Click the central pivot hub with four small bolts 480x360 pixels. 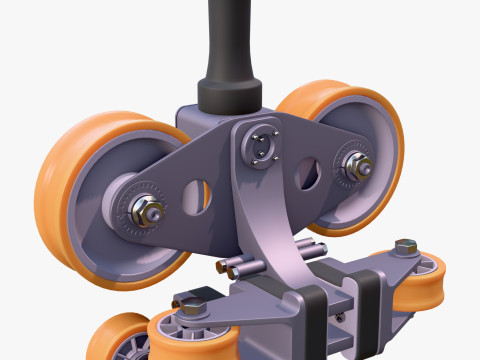pos(261,146)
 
